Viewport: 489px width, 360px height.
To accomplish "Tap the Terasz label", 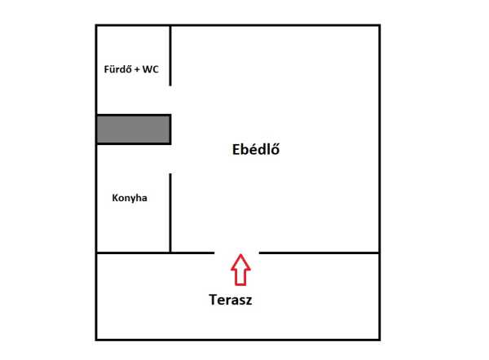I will tap(231, 299).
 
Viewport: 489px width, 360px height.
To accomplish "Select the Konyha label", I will tap(130, 197).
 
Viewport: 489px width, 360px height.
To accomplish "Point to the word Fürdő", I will tap(117, 70).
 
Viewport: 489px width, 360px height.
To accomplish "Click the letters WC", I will tap(150, 70).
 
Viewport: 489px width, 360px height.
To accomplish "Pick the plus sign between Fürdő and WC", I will tap(135, 70).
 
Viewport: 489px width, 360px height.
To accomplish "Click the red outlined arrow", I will tap(239, 270).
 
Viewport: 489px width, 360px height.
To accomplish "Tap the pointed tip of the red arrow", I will tap(239, 257).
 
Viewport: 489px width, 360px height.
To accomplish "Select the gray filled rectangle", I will tap(134, 130).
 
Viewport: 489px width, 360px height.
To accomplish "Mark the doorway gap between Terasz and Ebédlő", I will tap(237, 252).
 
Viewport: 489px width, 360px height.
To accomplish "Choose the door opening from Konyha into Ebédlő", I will tap(170, 159).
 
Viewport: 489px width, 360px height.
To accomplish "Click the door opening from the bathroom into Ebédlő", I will tap(170, 99).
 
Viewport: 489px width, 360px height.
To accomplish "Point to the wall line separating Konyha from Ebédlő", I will tap(170, 212).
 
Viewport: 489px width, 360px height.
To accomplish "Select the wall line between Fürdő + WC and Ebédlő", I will tap(170, 55).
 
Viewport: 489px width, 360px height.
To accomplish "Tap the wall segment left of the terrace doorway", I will tap(155, 252).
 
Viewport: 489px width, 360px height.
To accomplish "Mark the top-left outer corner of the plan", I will tap(96, 25).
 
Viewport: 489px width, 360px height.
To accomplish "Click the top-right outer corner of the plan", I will tap(380, 25).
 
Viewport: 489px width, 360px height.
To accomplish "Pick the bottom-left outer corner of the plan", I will tap(96, 339).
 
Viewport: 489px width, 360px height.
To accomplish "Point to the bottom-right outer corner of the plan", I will tap(380, 339).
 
